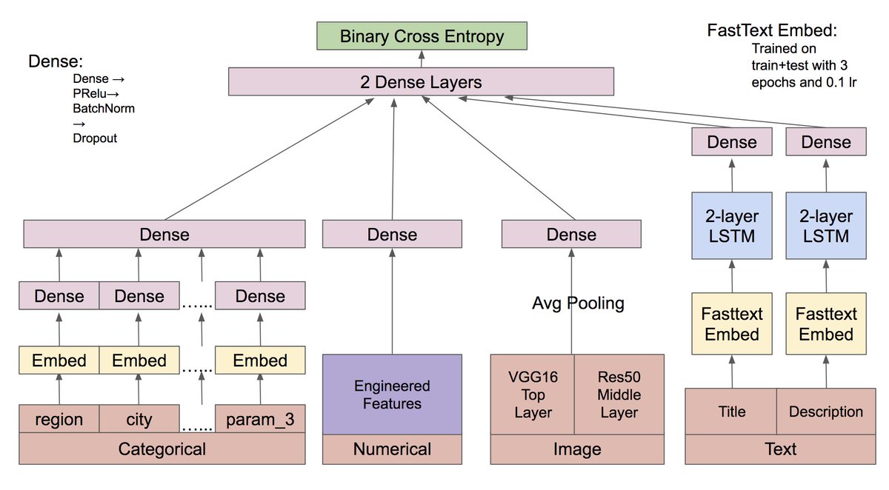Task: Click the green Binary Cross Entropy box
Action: click(x=422, y=36)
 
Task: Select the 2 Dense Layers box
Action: click(x=421, y=81)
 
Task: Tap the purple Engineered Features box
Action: click(x=392, y=395)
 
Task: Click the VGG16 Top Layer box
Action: click(x=533, y=395)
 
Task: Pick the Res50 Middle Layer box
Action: click(x=619, y=395)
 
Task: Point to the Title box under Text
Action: click(x=731, y=412)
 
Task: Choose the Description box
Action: click(x=826, y=412)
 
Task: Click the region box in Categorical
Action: click(x=59, y=419)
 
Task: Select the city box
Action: click(x=139, y=419)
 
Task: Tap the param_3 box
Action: click(x=260, y=419)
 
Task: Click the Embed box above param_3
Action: click(x=260, y=360)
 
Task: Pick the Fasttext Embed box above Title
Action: click(x=732, y=323)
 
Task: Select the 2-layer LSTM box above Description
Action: click(x=826, y=226)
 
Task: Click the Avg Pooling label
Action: click(x=578, y=303)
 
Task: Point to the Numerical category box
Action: click(x=392, y=449)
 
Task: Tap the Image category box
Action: click(x=577, y=449)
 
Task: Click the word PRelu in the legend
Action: click(x=90, y=93)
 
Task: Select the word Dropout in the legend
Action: click(x=95, y=138)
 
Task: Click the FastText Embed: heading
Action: click(x=772, y=30)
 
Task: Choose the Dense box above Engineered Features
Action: click(x=392, y=234)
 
